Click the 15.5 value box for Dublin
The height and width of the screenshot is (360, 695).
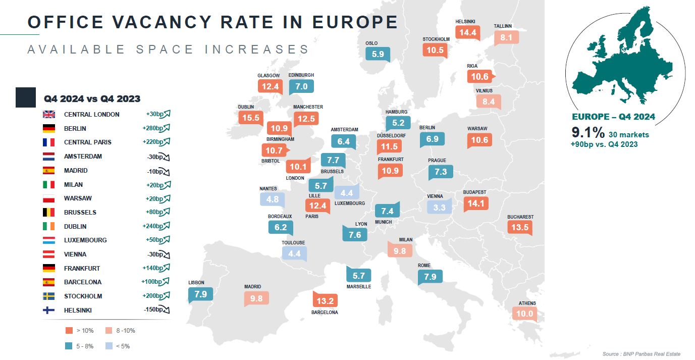click(x=250, y=118)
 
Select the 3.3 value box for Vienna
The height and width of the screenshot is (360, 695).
click(x=439, y=207)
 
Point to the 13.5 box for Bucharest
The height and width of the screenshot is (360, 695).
click(x=520, y=227)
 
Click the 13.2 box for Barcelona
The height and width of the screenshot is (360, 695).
click(x=325, y=301)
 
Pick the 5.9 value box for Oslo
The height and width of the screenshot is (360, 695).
click(x=378, y=54)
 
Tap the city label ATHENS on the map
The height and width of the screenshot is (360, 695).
click(x=527, y=303)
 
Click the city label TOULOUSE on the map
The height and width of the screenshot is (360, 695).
click(x=293, y=243)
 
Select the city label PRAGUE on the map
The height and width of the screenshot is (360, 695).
click(x=437, y=161)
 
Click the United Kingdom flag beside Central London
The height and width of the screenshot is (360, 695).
click(x=49, y=114)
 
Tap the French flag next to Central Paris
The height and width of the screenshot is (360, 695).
click(x=49, y=142)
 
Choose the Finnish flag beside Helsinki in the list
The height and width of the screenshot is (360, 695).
click(x=49, y=311)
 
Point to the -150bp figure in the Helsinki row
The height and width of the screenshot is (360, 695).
click(x=153, y=310)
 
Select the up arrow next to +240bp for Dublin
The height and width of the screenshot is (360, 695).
click(x=167, y=226)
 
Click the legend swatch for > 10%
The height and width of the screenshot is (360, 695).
click(x=69, y=331)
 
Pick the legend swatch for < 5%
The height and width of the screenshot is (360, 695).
click(x=109, y=346)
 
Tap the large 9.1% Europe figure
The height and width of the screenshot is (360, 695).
click(x=587, y=133)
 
